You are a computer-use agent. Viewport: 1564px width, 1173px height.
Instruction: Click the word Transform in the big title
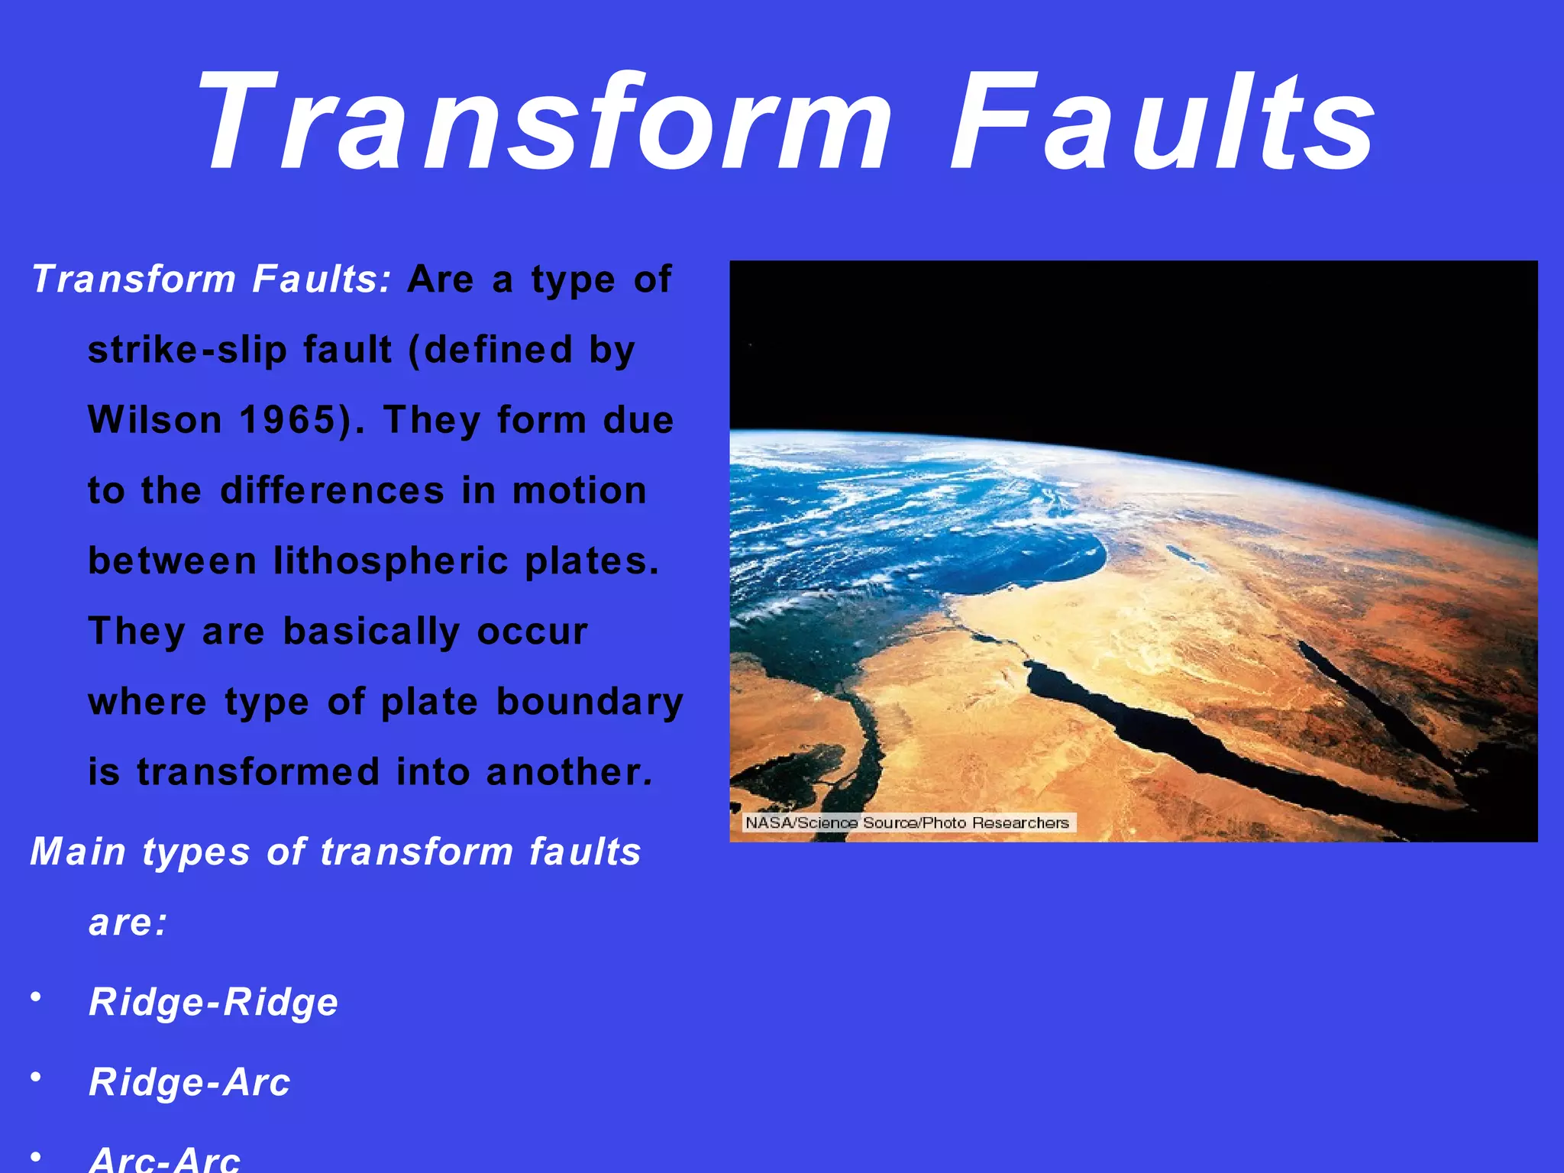[x=542, y=122]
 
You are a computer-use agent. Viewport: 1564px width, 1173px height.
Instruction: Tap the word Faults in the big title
[x=1161, y=122]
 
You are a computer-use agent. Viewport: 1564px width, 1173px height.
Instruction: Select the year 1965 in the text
[x=287, y=420]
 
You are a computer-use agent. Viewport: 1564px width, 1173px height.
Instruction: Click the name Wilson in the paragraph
[x=155, y=420]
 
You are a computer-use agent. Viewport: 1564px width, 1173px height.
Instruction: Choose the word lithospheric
[x=391, y=561]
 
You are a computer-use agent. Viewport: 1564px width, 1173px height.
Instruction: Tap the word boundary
[x=590, y=702]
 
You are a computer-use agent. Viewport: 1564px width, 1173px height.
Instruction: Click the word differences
[x=332, y=490]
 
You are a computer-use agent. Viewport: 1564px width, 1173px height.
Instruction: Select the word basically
[x=371, y=632]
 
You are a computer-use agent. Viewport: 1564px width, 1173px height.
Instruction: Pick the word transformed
[x=258, y=772]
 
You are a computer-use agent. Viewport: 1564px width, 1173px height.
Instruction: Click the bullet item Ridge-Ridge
[x=213, y=1002]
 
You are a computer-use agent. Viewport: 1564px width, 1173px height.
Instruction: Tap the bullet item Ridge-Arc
[x=189, y=1082]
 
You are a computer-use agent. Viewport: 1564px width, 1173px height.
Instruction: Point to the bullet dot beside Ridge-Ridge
[x=35, y=997]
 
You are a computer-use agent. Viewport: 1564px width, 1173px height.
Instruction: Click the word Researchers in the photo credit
[x=1020, y=822]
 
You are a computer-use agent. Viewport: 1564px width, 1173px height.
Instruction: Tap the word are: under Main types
[x=128, y=923]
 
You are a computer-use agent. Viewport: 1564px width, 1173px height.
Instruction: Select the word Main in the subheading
[x=77, y=851]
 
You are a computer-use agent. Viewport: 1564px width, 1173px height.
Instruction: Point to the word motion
[x=580, y=490]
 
